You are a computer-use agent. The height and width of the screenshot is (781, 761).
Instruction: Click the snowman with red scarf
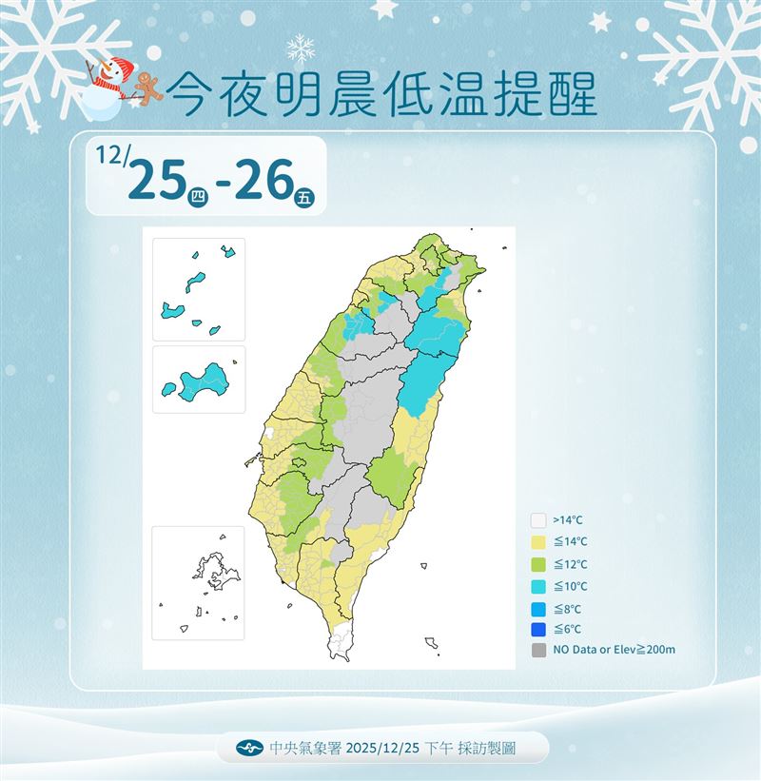click(x=106, y=84)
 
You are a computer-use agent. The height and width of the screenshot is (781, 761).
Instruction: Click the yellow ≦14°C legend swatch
click(x=538, y=542)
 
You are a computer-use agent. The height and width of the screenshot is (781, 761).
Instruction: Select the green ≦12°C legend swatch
click(x=538, y=564)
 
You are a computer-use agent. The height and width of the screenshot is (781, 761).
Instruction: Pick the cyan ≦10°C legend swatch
click(x=538, y=586)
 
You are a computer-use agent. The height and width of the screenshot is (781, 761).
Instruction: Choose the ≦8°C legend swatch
click(x=538, y=608)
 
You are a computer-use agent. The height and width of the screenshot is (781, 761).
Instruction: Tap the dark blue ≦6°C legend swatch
click(x=538, y=629)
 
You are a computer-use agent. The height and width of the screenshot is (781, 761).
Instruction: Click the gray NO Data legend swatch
click(x=538, y=651)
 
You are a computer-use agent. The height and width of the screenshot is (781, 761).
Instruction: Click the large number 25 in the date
click(x=155, y=179)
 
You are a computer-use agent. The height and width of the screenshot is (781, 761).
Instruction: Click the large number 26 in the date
click(x=262, y=179)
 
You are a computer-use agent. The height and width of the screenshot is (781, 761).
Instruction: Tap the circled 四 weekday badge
click(x=198, y=197)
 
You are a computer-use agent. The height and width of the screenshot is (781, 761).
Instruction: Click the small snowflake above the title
click(x=301, y=48)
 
